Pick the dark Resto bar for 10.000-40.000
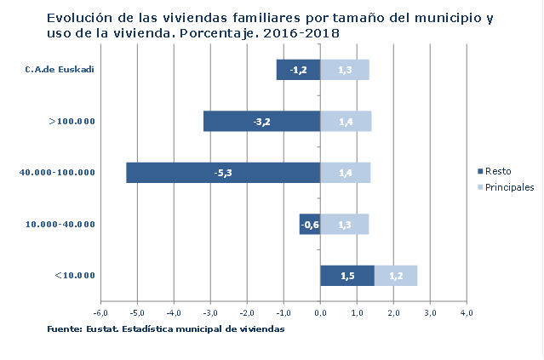pyautogui.click(x=309, y=224)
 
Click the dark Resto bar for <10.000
pyautogui.click(x=346, y=275)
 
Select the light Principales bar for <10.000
pyautogui.click(x=396, y=275)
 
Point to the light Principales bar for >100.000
pyautogui.click(x=346, y=122)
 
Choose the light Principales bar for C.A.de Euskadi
pyautogui.click(x=344, y=70)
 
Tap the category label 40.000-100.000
pyautogui.click(x=56, y=173)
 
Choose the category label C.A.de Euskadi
pyautogui.click(x=59, y=70)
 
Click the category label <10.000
pyautogui.click(x=74, y=275)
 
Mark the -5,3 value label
pyautogui.click(x=224, y=173)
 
